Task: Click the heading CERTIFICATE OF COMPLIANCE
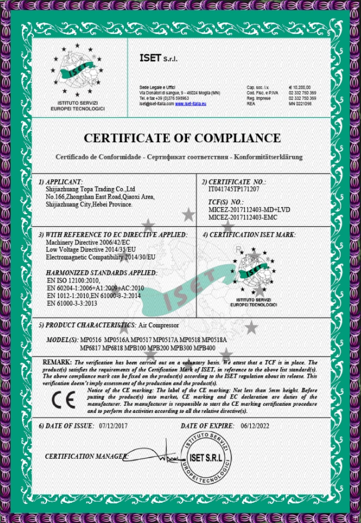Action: pos(182,139)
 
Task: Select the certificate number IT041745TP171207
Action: pos(229,189)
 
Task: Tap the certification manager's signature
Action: pos(163,458)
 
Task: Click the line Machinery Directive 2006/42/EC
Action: pos(88,243)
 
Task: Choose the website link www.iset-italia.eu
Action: pos(190,104)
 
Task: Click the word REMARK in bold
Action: pos(57,362)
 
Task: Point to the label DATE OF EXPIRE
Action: pos(208,426)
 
